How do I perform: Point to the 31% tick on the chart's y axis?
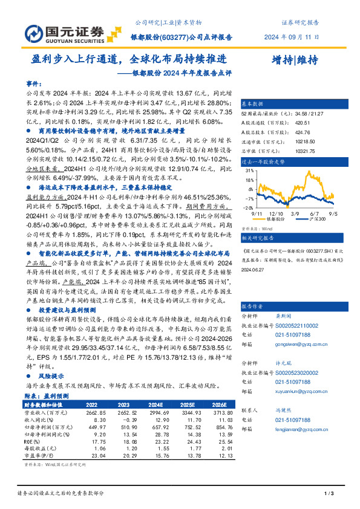[248, 171]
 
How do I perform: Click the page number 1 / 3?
[330, 494]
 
